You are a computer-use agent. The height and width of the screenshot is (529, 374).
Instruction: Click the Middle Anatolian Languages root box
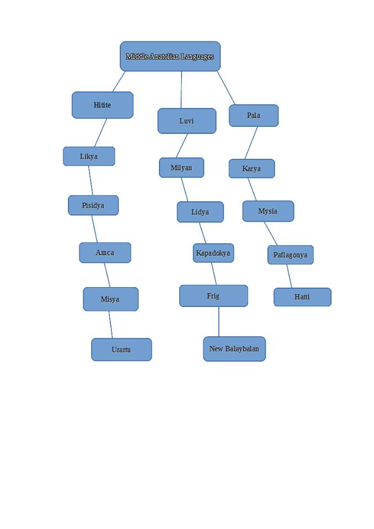tap(170, 56)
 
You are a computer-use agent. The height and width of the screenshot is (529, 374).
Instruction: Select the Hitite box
tap(103, 105)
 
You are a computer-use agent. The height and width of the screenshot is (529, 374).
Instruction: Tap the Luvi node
tap(186, 121)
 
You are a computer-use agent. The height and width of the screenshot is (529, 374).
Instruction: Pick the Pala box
tap(254, 115)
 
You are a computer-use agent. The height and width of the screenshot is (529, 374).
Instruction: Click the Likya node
tap(89, 156)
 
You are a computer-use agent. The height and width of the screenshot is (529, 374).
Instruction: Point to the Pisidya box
tap(93, 205)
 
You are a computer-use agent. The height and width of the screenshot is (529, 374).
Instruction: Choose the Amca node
tap(105, 252)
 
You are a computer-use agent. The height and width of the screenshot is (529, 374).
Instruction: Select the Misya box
tap(110, 299)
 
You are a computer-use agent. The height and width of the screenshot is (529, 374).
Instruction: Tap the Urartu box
tap(121, 349)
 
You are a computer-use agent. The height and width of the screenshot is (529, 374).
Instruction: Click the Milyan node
tap(181, 168)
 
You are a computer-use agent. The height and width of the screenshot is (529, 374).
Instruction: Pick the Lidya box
tap(200, 212)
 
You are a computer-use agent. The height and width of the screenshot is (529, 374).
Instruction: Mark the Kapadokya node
tap(213, 253)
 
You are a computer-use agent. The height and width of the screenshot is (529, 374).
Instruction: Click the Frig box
tap(213, 296)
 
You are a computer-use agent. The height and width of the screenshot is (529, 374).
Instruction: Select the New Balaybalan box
tap(234, 349)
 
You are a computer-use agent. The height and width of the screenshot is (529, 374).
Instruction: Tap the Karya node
tap(252, 169)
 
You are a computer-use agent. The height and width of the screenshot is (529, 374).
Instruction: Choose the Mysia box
tap(268, 211)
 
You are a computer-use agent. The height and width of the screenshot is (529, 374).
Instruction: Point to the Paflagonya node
tap(291, 255)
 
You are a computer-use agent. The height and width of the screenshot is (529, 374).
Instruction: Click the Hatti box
tap(302, 297)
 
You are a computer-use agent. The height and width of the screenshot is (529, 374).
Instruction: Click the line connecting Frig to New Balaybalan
tap(219, 322)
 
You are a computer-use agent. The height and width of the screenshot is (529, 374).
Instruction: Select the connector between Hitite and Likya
tap(101, 132)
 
